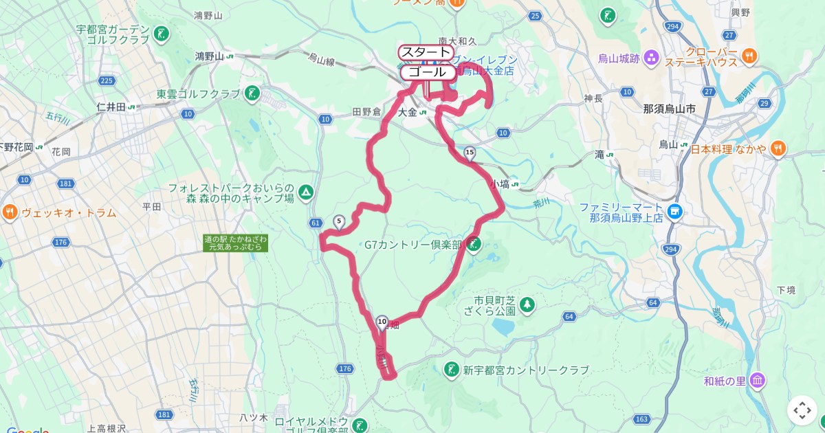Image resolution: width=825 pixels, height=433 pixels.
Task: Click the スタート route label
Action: [x=426, y=52]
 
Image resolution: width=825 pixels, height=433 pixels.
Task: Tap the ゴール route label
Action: [x=427, y=72]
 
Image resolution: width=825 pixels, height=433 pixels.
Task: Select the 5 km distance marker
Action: [x=338, y=221]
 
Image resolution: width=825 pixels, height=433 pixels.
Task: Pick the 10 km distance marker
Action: [x=382, y=321]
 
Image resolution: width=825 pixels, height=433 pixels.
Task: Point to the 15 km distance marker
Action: [x=470, y=153]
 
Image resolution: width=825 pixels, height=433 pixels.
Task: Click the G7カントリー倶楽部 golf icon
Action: [x=474, y=244]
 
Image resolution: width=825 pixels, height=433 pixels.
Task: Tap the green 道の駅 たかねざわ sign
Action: [x=236, y=243]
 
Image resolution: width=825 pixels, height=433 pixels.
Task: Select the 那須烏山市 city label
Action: [x=669, y=109]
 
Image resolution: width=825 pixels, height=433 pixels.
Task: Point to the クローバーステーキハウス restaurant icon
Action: [x=749, y=54]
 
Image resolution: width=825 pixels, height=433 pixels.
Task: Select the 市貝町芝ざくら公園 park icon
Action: [x=527, y=304]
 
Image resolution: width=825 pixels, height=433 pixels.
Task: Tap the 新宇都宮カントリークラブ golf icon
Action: [x=452, y=370]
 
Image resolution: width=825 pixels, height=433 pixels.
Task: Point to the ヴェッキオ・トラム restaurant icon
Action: [x=10, y=212]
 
